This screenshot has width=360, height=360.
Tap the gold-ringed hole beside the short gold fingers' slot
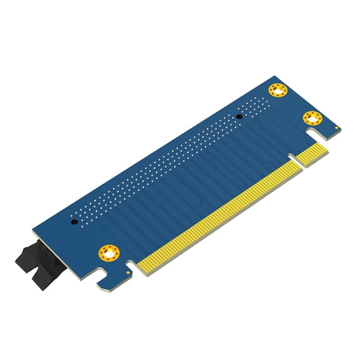[x=312, y=117]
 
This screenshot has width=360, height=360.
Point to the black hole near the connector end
[x=74, y=221]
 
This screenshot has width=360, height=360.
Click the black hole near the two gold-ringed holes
[x=239, y=116]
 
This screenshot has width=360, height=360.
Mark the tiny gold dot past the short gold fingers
[x=338, y=129]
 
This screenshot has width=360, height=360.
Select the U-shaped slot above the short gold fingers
[x=314, y=134]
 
